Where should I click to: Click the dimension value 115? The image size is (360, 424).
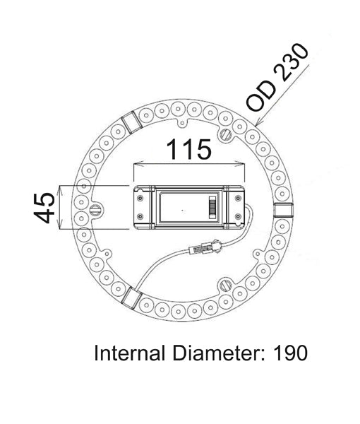click(x=188, y=149)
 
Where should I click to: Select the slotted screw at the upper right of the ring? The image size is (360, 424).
click(x=227, y=132)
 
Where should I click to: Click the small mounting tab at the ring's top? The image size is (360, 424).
click(x=184, y=120)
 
